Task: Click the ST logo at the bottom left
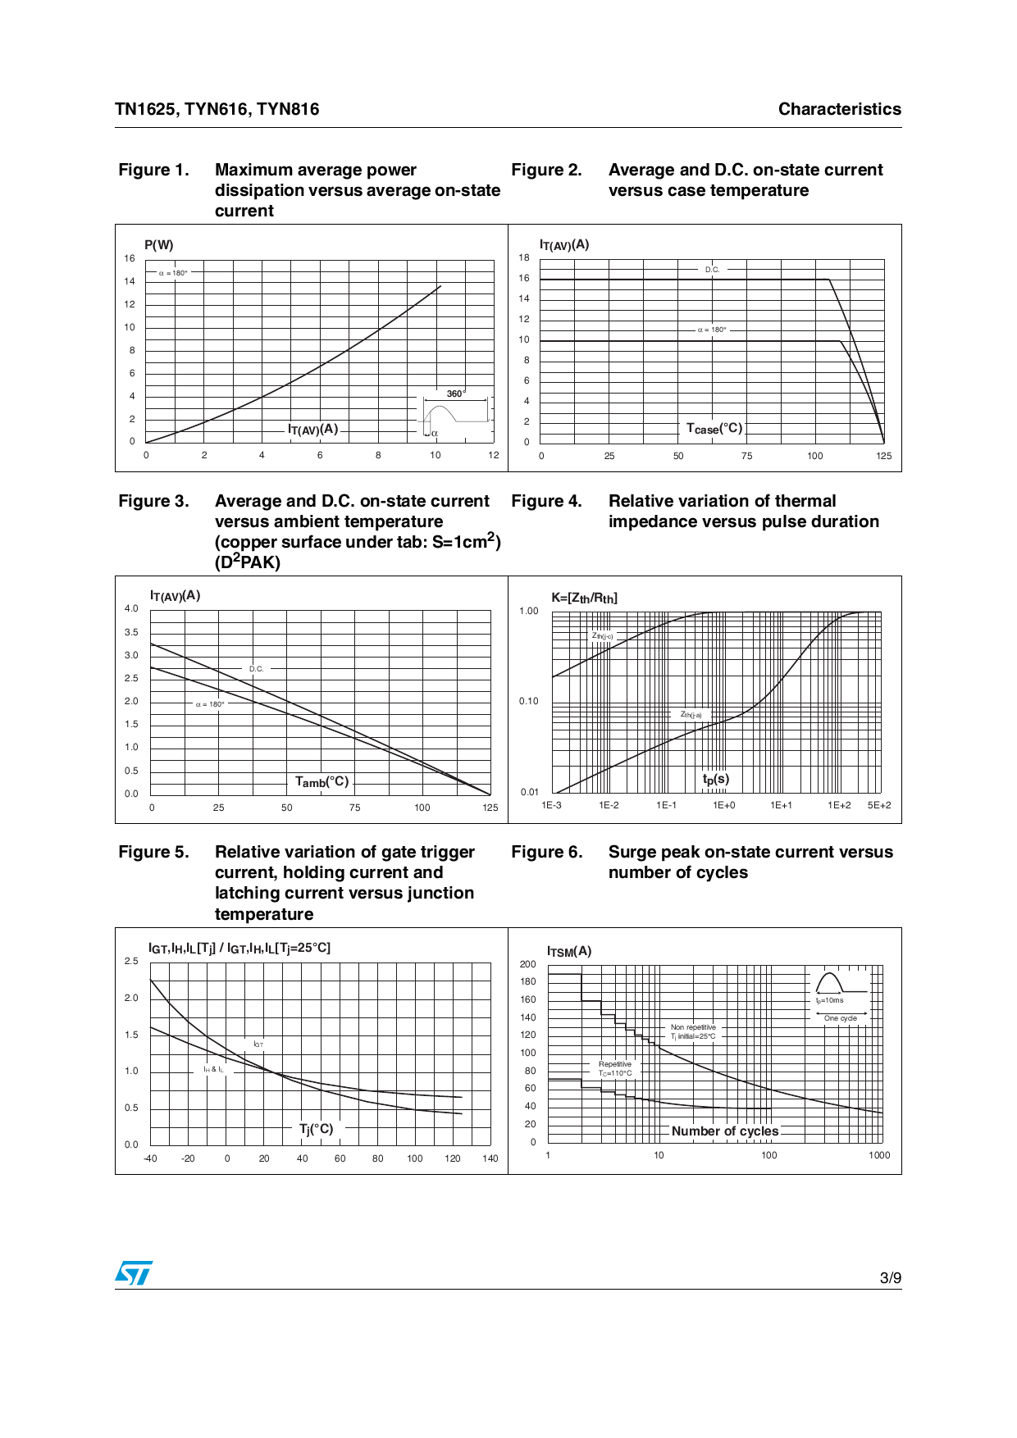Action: pos(134,1272)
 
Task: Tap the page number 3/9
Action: pos(890,1278)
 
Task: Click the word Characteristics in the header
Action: pos(839,109)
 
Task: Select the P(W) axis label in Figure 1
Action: pos(159,245)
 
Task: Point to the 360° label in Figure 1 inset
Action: pos(455,394)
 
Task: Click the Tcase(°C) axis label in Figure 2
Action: pos(714,429)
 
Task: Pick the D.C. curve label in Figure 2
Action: pos(712,270)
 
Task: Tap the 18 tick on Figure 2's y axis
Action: pos(524,257)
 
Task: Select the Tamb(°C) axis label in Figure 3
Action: pos(322,782)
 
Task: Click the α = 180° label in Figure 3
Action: pos(210,704)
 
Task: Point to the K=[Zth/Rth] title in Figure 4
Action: pos(584,598)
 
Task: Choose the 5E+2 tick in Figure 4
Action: pos(879,805)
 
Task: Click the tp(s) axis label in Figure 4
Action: pos(715,779)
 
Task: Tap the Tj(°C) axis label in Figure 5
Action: pos(316,1129)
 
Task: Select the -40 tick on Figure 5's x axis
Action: pos(150,1158)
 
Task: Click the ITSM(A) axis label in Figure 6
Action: pos(569,951)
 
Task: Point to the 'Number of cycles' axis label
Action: pos(725,1131)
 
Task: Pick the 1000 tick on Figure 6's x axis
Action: pos(879,1155)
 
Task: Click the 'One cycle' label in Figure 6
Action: pos(841,1018)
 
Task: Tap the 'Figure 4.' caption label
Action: pos(546,501)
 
